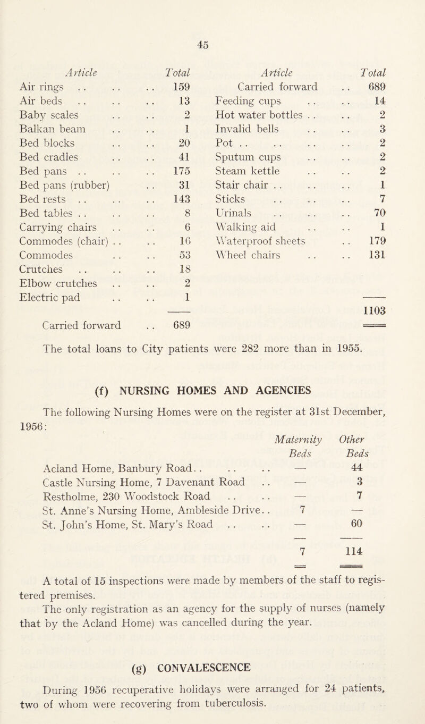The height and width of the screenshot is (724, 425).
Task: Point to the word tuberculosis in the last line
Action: [x=295, y=715]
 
